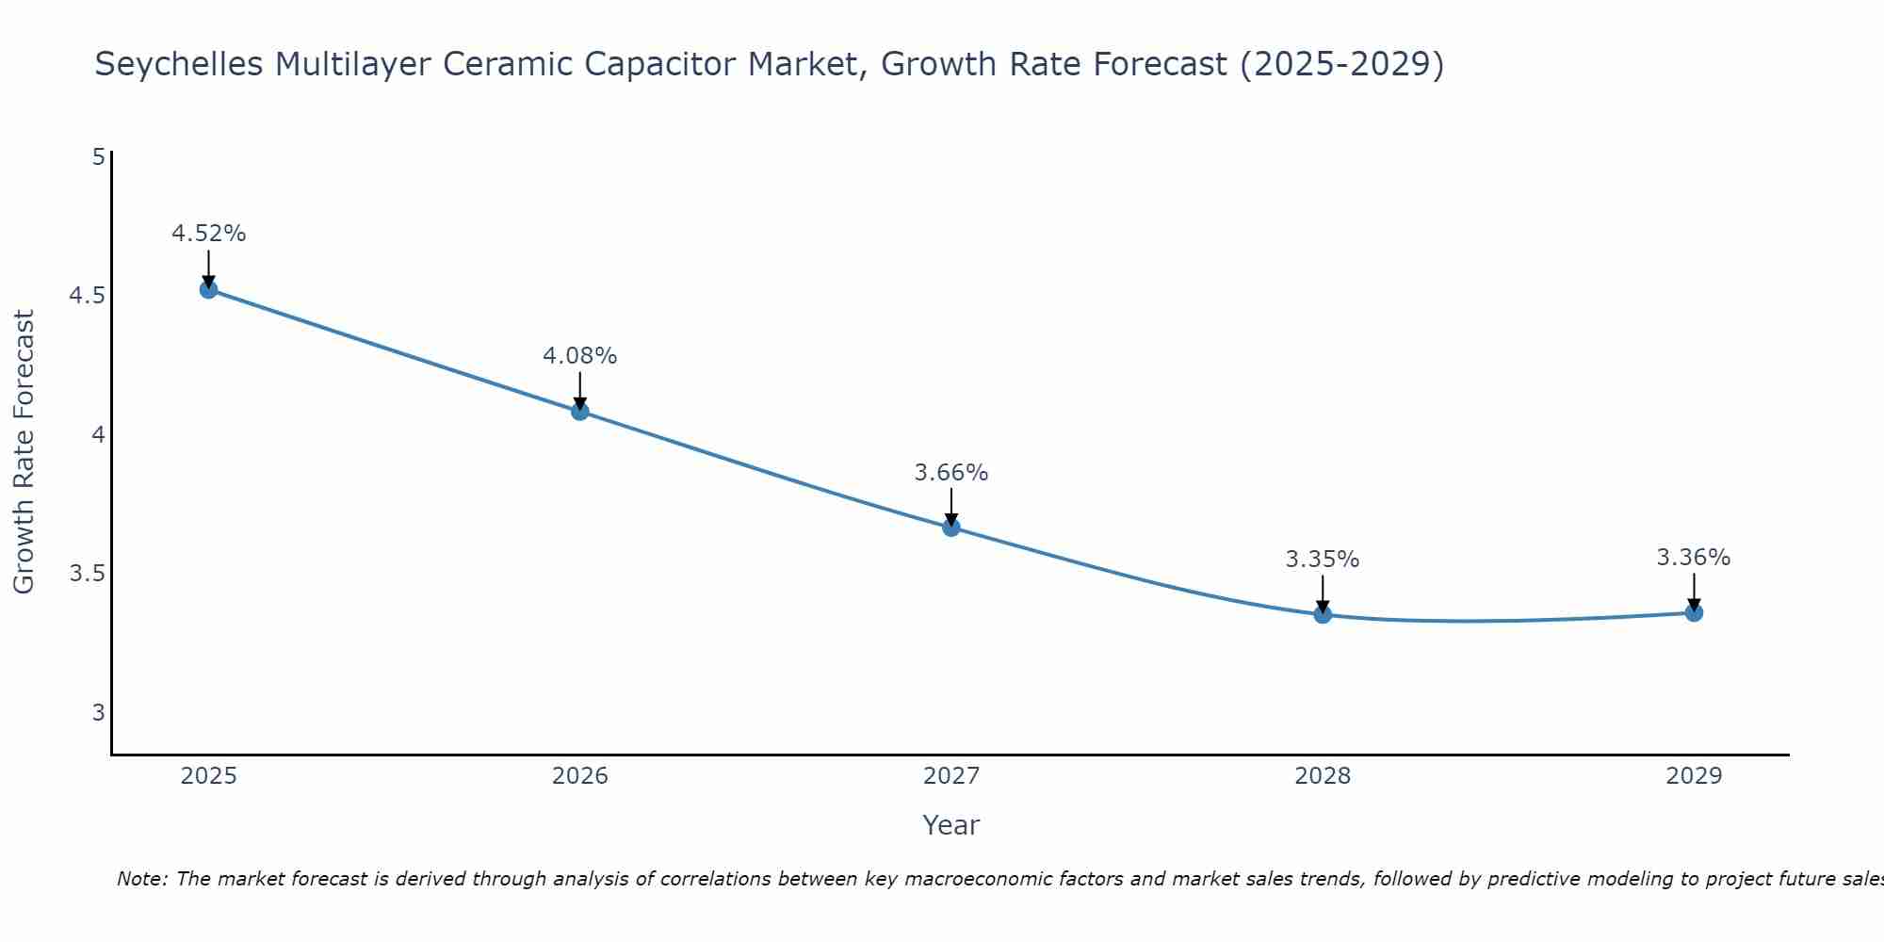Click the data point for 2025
209,289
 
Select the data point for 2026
580,412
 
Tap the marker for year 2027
951,528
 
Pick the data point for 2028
1323,615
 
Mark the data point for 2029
1694,613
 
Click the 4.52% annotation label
209,234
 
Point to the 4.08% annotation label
580,356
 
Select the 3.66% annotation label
951,473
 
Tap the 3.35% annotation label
1323,560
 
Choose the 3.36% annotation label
1694,558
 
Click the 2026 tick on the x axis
580,776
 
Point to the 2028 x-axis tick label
1323,776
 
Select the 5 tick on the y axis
98,157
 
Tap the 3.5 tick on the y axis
88,574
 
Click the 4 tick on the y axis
98,435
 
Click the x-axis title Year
951,825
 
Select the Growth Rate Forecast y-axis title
24,452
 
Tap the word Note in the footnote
141,879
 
